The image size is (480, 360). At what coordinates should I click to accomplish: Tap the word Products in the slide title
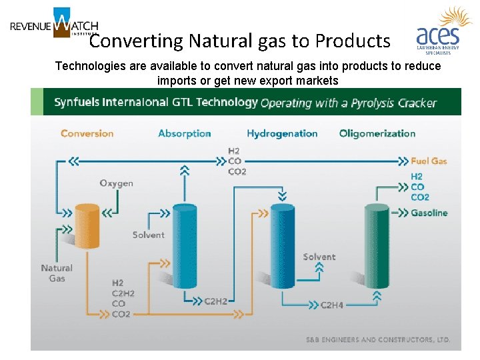click(353, 41)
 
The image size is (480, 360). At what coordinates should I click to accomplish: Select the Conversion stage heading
click(87, 133)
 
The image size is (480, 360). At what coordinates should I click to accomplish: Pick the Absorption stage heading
click(184, 133)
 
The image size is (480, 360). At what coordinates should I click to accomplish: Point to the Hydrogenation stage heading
click(282, 133)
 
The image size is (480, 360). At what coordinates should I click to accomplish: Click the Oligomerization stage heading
click(377, 133)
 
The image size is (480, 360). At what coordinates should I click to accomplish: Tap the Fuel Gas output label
click(429, 161)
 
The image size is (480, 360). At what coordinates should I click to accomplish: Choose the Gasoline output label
click(429, 213)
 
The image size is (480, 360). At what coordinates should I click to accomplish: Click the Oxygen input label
click(116, 183)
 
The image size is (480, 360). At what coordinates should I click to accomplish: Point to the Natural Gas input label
click(57, 273)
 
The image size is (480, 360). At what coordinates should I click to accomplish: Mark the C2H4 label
click(331, 305)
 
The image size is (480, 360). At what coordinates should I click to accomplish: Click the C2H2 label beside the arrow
click(215, 301)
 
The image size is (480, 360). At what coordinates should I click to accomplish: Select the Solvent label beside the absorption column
click(148, 235)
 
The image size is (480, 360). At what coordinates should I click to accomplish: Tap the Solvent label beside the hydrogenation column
click(319, 257)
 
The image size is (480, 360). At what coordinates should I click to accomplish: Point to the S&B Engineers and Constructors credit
click(378, 340)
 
